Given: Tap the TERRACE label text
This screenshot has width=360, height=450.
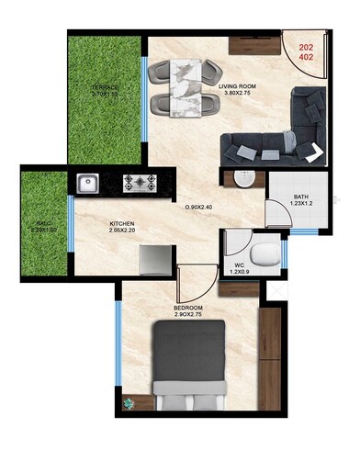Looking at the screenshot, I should (105, 87).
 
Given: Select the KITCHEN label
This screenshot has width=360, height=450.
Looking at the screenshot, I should (124, 223).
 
